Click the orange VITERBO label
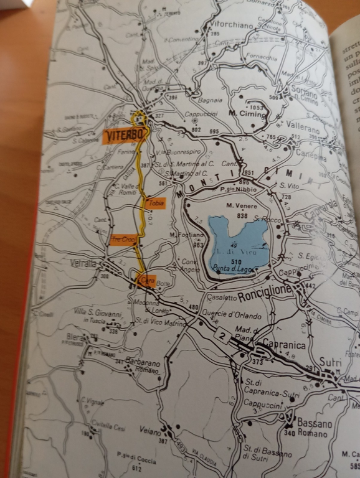point(125,136)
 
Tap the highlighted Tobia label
point(154,203)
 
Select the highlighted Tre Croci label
point(123,239)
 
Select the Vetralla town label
point(82,264)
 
